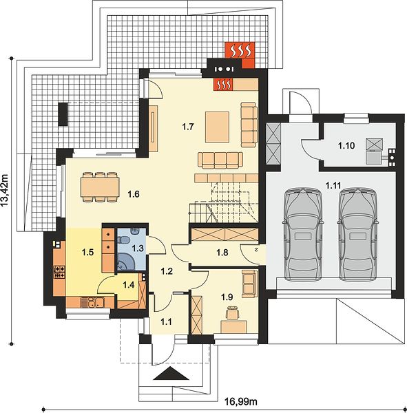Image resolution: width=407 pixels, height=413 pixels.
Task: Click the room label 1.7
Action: tap(188, 127)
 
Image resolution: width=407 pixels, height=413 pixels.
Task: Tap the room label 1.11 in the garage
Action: tap(333, 185)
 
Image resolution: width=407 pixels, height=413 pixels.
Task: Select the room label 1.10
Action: tap(346, 145)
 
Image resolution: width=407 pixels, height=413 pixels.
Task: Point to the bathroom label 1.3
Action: tap(138, 248)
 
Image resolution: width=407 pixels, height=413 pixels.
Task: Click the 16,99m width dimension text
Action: tap(241, 402)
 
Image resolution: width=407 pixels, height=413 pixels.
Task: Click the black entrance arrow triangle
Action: tap(171, 373)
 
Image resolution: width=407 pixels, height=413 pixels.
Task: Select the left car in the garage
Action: tap(302, 234)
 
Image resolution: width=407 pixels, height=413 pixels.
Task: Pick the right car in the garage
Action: tap(357, 234)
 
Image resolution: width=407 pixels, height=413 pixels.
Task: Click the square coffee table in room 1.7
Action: tap(217, 127)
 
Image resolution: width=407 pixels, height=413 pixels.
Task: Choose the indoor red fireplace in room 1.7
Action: tap(223, 84)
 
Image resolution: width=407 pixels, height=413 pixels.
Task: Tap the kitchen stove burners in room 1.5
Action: tap(59, 273)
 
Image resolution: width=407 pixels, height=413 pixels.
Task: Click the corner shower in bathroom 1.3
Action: tap(124, 262)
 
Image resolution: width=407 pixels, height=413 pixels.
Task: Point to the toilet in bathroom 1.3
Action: tap(123, 240)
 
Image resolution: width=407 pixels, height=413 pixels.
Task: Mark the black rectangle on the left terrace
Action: tap(63, 114)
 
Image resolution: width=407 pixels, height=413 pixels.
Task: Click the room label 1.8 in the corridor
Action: tap(222, 253)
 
